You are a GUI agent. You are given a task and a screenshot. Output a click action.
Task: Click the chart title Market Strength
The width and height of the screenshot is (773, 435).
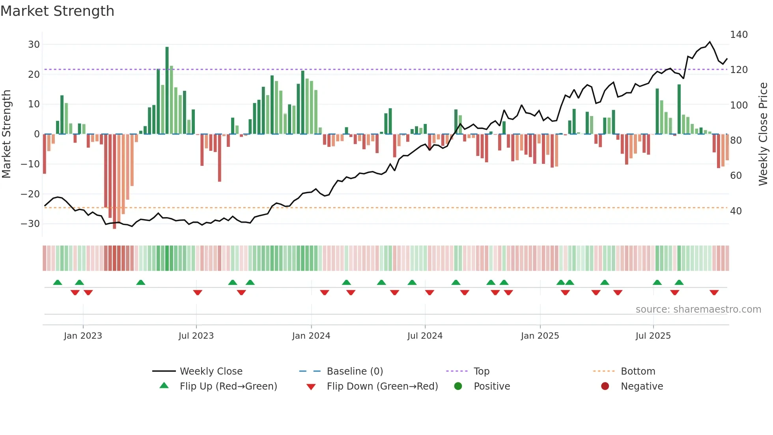[58, 11]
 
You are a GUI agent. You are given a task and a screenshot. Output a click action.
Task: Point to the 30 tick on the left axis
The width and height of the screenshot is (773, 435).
[34, 45]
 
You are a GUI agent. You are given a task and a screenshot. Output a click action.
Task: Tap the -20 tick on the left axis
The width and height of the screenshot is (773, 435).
[30, 194]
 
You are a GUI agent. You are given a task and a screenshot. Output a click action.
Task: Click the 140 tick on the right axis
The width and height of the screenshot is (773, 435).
[739, 35]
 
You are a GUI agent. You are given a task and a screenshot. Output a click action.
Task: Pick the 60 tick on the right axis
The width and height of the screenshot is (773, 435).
[736, 175]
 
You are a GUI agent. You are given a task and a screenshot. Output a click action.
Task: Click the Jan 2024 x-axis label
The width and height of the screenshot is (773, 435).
[311, 336]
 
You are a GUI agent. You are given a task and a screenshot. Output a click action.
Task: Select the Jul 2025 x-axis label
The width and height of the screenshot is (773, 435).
[653, 336]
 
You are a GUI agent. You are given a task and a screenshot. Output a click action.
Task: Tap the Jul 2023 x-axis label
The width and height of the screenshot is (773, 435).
[196, 336]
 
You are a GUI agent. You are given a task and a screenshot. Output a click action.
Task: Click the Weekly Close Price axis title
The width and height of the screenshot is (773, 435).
[763, 134]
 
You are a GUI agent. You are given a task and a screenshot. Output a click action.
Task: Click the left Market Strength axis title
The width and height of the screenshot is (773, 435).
[6, 134]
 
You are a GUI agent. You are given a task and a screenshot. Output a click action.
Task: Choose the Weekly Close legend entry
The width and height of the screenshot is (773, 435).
[211, 371]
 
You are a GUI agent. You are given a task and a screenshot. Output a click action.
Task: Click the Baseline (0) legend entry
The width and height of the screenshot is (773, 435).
[355, 371]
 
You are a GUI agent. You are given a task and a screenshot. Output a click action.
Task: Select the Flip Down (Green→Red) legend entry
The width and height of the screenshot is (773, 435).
[382, 386]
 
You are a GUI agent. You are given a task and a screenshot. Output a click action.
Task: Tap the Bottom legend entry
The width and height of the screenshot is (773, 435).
[638, 371]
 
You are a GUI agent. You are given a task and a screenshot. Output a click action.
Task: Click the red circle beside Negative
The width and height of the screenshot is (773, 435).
[605, 386]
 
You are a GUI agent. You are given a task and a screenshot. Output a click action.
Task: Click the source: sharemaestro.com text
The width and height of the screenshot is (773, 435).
[698, 309]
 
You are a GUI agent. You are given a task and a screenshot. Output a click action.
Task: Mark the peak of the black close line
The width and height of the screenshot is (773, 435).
[710, 42]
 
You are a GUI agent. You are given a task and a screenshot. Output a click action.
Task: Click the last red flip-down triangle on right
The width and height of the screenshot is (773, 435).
[714, 292]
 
